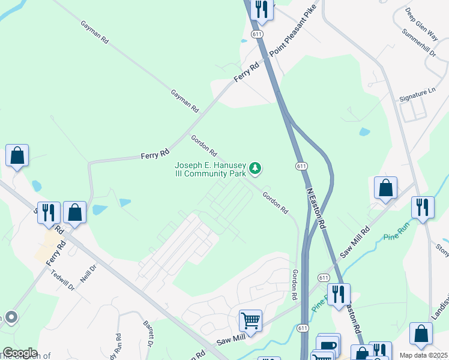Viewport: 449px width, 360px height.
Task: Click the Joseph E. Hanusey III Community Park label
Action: [x=210, y=169]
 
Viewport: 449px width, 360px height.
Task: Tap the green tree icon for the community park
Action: [x=256, y=169]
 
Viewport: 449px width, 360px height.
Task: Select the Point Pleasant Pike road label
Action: [x=292, y=37]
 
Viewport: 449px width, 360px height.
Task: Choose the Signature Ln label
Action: [x=417, y=91]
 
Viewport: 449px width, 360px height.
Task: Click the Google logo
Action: [x=20, y=353]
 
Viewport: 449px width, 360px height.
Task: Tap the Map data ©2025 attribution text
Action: [x=424, y=355]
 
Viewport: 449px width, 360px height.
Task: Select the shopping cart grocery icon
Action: [x=250, y=320]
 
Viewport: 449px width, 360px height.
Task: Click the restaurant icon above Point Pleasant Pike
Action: [x=262, y=10]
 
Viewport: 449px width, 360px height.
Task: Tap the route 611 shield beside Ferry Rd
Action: [x=258, y=35]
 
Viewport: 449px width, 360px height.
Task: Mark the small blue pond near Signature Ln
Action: [x=364, y=132]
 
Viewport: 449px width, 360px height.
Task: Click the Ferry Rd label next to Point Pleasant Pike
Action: [x=246, y=72]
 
